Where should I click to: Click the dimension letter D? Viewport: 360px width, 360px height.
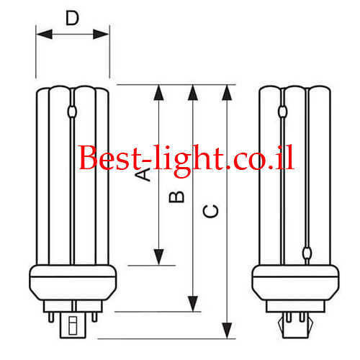[72, 18]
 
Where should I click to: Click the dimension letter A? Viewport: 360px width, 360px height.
[143, 174]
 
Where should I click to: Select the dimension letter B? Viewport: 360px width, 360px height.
[176, 197]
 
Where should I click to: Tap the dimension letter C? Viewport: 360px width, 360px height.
[210, 211]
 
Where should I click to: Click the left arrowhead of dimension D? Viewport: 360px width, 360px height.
[44, 34]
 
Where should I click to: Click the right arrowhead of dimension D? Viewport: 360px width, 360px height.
[101, 34]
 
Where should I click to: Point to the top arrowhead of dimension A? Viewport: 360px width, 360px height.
[158, 93]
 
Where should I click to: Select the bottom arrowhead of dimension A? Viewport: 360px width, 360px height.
[158, 257]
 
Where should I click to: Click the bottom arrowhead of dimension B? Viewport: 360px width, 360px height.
[193, 304]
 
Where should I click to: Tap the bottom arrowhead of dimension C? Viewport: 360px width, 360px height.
[227, 330]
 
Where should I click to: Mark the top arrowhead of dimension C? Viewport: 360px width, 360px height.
[227, 93]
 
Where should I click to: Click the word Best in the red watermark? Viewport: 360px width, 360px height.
[109, 158]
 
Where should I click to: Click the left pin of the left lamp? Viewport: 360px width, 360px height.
[51, 317]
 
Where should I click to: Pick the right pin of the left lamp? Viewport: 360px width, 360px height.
[95, 317]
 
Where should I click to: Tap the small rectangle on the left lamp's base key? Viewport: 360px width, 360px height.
[73, 325]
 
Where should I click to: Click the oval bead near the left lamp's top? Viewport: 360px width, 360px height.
[72, 112]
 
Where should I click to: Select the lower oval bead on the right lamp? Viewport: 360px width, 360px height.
[307, 253]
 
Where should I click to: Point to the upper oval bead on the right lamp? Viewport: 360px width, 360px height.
[283, 112]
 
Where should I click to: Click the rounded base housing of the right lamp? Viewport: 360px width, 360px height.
[295, 282]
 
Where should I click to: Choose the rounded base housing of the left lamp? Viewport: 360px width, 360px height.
[73, 282]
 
